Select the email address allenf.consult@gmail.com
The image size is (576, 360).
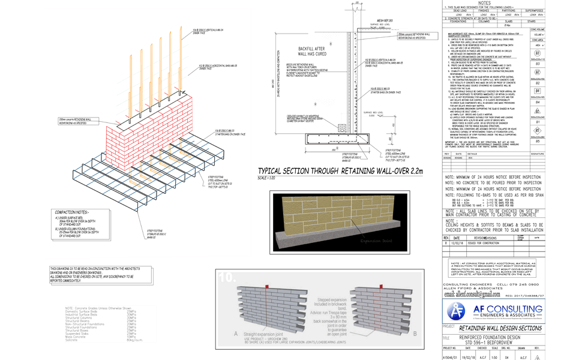point(472,295)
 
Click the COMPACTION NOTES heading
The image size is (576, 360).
point(73,212)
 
